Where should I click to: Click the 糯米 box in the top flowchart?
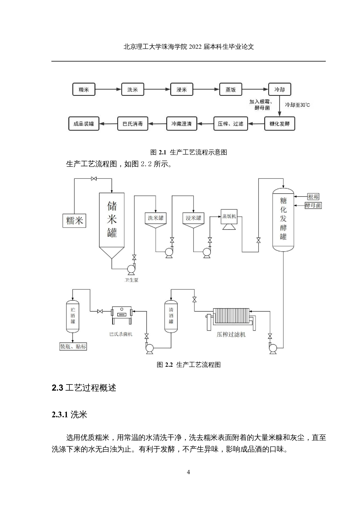[x=84, y=89]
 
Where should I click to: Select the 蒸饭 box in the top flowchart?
[x=231, y=89]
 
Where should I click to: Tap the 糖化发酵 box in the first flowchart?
[x=280, y=124]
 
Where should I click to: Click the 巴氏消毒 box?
[x=133, y=124]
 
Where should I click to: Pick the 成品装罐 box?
[x=84, y=124]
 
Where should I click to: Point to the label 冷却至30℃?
[x=297, y=105]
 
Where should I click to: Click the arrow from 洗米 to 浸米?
[x=157, y=89]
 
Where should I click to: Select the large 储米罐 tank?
[x=112, y=221]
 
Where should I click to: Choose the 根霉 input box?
[x=313, y=197]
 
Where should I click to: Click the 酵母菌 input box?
[x=313, y=205]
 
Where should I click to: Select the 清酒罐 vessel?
[x=171, y=316]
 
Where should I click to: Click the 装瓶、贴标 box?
[x=73, y=346]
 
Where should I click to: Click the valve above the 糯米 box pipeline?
[x=94, y=179]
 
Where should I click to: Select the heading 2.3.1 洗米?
[x=69, y=415]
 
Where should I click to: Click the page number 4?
[x=188, y=472]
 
